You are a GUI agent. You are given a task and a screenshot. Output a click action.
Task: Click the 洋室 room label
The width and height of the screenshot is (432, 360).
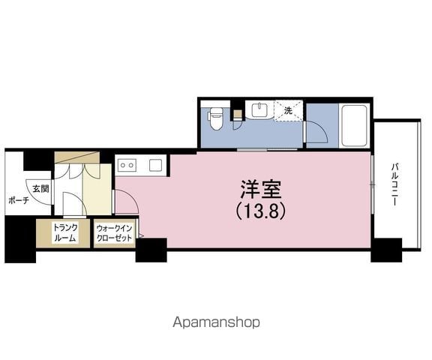(261, 190)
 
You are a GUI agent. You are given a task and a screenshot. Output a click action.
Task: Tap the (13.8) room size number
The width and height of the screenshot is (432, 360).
(261, 211)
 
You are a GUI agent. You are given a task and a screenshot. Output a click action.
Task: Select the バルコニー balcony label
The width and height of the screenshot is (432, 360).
(395, 184)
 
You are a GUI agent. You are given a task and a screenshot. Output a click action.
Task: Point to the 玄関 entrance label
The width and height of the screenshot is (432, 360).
(40, 189)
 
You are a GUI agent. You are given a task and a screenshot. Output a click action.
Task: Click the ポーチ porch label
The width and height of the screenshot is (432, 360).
(19, 200)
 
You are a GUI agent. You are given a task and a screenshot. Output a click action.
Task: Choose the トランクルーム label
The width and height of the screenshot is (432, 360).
(65, 233)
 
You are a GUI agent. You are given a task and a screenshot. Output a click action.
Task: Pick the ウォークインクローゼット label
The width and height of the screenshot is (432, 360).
(114, 233)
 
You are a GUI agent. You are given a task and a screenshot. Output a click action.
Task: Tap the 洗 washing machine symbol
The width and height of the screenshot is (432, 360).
(289, 110)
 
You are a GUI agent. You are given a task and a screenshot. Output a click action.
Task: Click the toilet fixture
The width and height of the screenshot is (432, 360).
(216, 118)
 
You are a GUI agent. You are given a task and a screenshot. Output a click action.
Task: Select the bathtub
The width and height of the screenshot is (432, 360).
(354, 125)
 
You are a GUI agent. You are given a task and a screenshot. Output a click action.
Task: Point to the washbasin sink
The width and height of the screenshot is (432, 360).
(259, 110)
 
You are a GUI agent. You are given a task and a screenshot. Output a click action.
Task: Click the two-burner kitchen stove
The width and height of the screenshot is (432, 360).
(127, 165)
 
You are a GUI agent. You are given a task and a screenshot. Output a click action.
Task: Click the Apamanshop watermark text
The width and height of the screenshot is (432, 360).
(216, 322)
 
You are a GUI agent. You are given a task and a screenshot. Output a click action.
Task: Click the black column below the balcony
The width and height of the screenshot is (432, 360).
(386, 250)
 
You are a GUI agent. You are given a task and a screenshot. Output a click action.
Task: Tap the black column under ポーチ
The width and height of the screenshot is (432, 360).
(20, 239)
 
